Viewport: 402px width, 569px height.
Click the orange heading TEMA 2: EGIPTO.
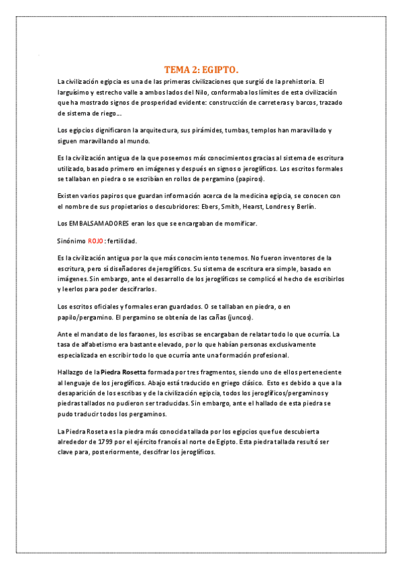pos(201,69)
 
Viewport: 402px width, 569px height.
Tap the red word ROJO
pos(96,240)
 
